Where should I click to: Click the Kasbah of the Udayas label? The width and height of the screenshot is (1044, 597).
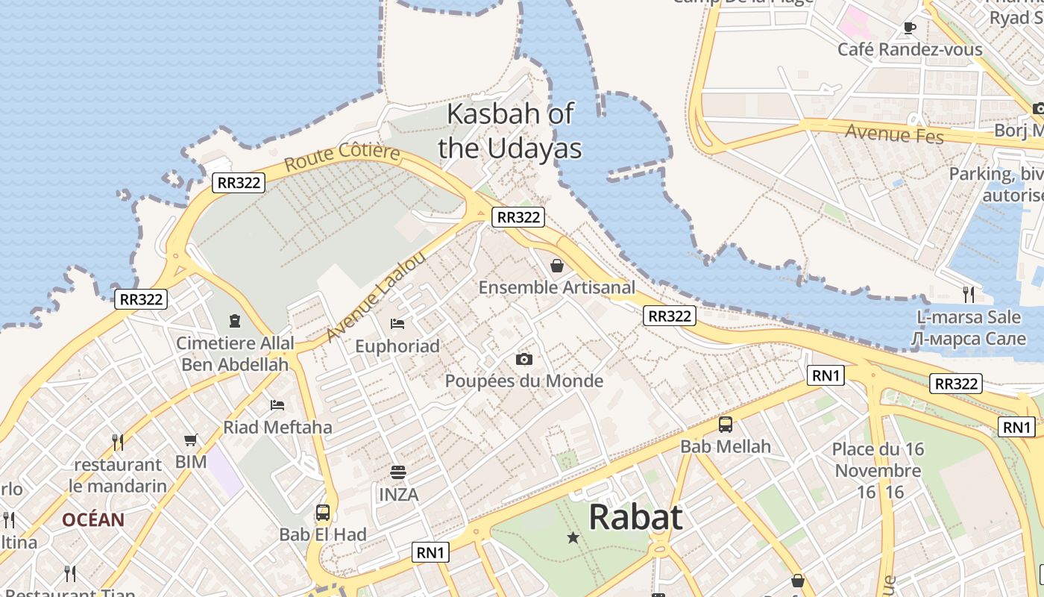pos(510,131)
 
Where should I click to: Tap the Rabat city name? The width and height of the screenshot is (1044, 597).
pos(635,516)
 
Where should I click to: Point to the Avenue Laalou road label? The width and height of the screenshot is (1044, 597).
pos(377,296)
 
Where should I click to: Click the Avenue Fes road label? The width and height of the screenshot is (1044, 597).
pos(894,134)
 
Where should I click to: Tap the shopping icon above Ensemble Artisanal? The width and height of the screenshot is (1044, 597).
pos(557,265)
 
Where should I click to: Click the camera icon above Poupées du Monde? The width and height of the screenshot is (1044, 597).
pos(524,360)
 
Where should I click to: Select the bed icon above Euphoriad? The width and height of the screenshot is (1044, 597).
pos(397,324)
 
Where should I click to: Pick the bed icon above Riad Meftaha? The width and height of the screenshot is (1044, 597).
pos(277,405)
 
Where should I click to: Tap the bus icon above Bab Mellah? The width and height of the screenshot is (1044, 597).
pos(726,425)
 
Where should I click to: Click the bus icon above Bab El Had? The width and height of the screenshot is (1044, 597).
pos(323,513)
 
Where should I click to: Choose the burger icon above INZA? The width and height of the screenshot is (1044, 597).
pos(398,472)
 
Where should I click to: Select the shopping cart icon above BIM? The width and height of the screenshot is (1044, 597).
pos(191,440)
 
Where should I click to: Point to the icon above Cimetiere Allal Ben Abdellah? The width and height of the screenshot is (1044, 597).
pos(235,322)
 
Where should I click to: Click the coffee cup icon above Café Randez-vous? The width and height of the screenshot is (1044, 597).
pos(909,28)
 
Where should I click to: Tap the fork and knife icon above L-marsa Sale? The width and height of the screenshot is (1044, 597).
pos(968,294)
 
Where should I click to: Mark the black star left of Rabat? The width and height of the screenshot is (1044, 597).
pos(573,537)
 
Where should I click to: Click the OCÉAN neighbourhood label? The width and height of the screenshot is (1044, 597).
pos(93,520)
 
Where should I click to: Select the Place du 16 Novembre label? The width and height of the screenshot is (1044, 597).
pos(878,460)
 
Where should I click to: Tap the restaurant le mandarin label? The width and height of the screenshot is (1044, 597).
pos(118,475)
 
